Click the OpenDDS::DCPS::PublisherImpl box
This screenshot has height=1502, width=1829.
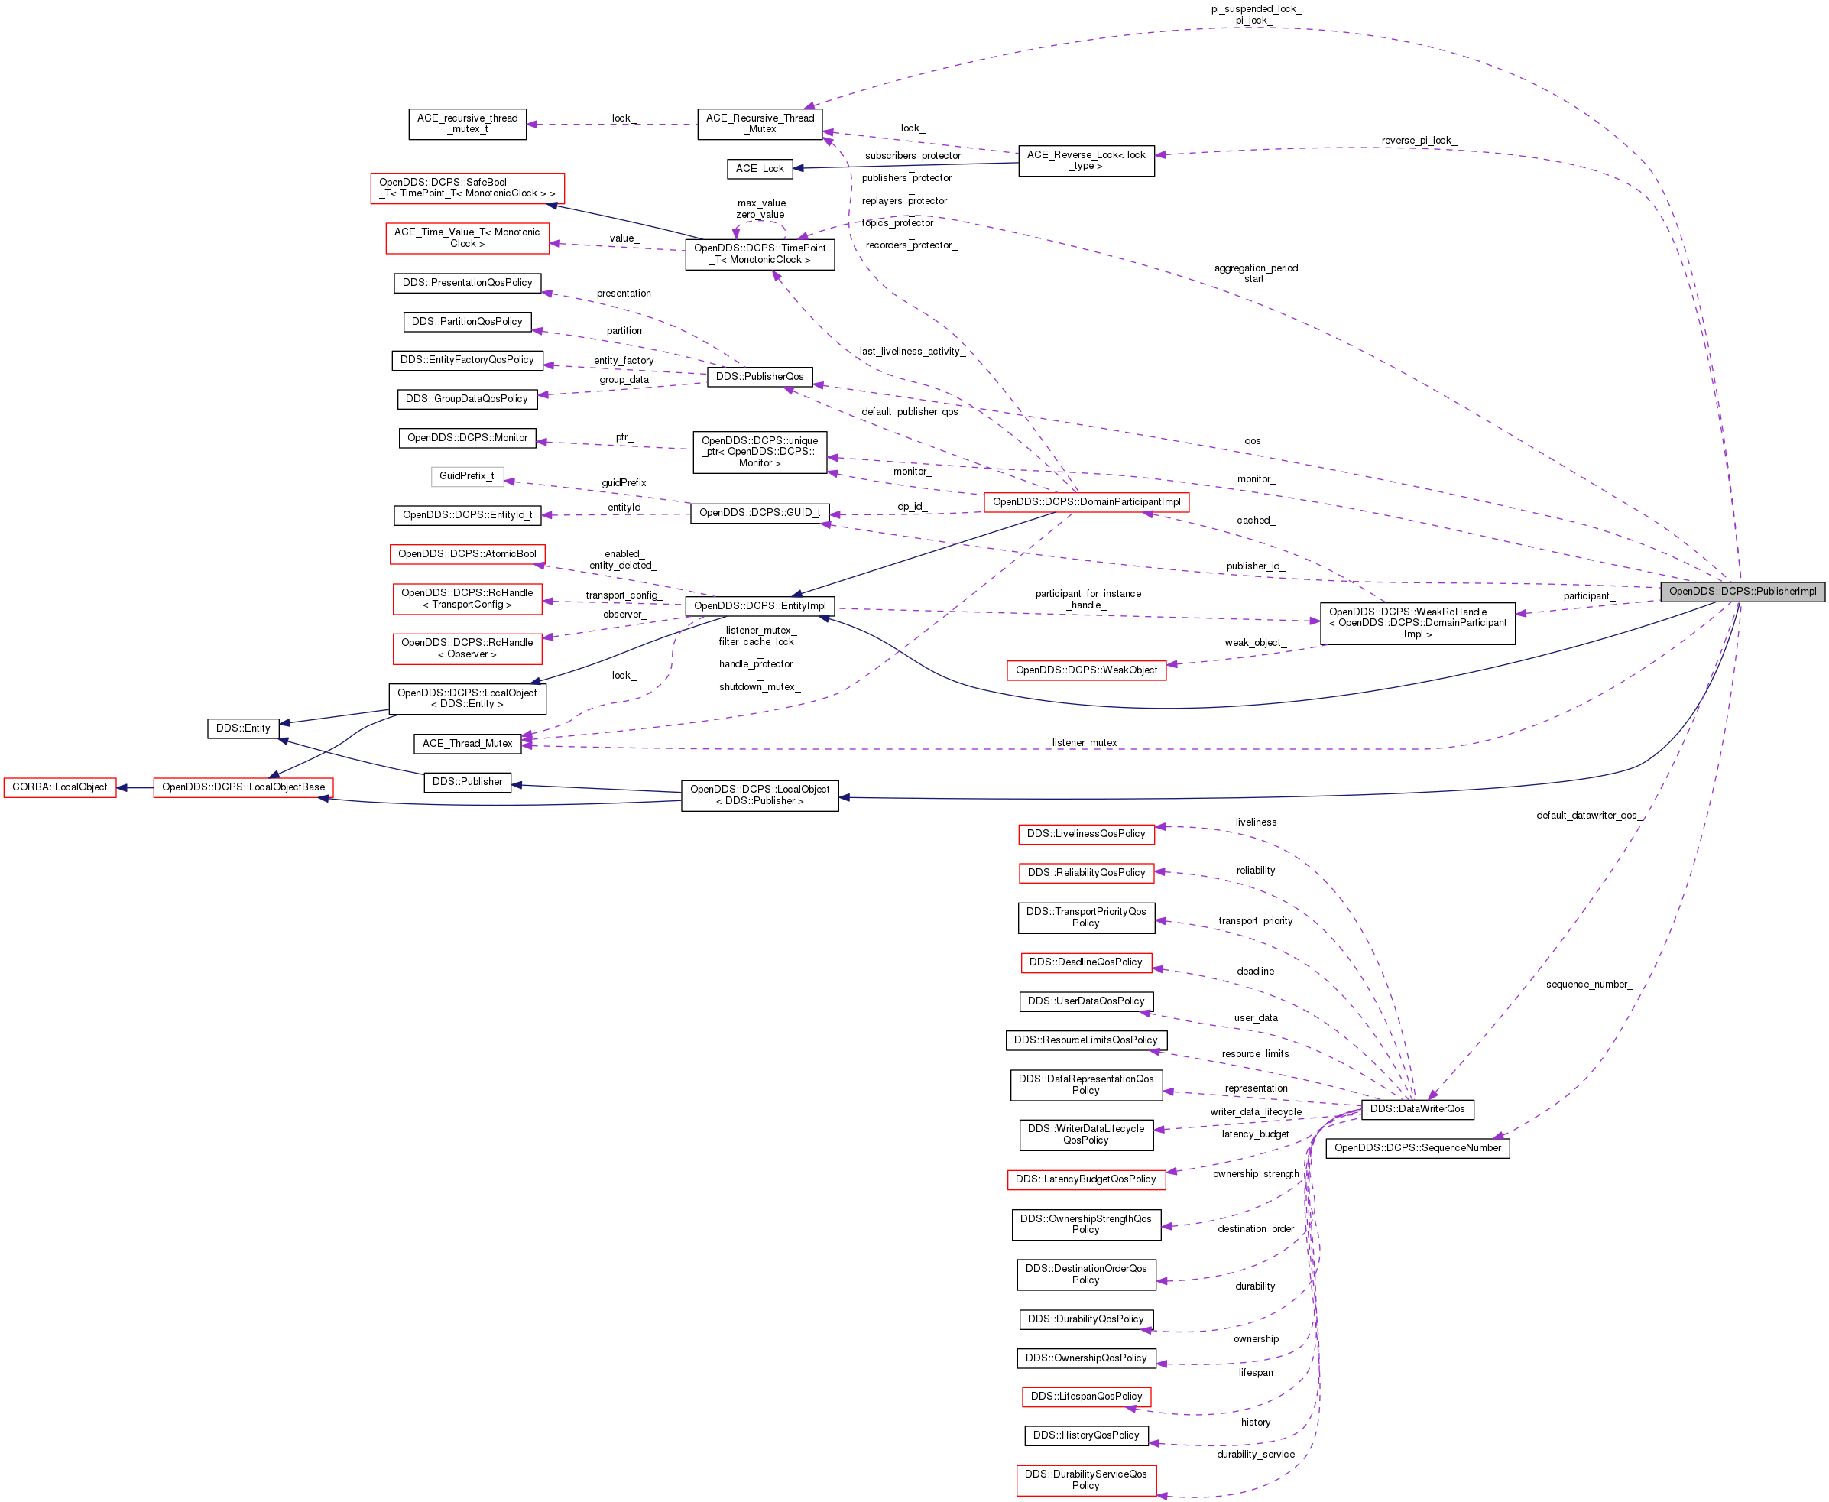(x=1742, y=591)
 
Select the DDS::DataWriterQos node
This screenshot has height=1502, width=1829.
(x=1416, y=1108)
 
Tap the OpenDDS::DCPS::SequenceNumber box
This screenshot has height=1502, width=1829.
(x=1417, y=1147)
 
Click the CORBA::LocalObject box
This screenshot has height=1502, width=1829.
(x=60, y=787)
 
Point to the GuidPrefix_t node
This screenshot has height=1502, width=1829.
(x=466, y=476)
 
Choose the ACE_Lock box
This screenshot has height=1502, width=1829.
(x=760, y=169)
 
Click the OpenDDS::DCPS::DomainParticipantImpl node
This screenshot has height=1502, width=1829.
(x=1086, y=502)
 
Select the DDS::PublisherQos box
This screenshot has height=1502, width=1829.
(x=760, y=376)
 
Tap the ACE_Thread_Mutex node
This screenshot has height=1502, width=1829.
(x=467, y=743)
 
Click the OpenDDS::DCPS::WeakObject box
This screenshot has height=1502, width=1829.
(x=1086, y=670)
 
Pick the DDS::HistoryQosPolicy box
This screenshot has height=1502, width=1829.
(x=1086, y=1435)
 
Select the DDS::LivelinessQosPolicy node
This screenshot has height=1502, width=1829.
(x=1086, y=833)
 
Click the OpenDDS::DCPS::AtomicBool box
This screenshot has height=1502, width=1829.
(x=467, y=553)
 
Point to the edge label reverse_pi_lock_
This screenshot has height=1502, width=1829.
(x=1418, y=140)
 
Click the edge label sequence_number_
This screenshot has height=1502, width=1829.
(x=1588, y=984)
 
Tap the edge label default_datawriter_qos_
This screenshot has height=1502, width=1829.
(x=1589, y=815)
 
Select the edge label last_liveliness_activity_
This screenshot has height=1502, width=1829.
(x=912, y=352)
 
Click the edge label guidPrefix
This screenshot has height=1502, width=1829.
(x=624, y=483)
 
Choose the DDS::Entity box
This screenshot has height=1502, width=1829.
(x=243, y=728)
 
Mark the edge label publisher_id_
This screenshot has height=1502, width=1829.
(x=1254, y=566)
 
